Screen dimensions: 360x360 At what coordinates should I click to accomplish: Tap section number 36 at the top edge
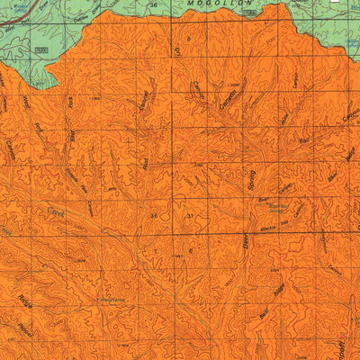[x=153, y=5]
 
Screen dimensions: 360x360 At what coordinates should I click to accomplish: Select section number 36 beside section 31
[x=155, y=216]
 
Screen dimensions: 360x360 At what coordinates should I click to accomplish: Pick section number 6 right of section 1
[x=190, y=250]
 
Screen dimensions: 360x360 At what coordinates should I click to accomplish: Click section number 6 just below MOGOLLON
[x=189, y=40]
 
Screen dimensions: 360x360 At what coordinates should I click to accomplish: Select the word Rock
[x=70, y=103]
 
